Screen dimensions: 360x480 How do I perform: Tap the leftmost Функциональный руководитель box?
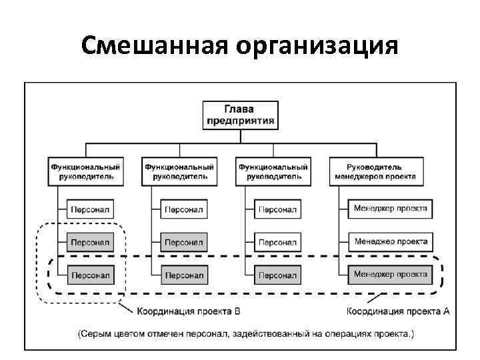85,171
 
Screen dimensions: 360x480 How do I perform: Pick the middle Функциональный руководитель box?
179,171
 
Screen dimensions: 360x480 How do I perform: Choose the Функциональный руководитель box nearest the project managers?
273,171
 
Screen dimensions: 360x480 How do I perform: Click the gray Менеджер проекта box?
391,274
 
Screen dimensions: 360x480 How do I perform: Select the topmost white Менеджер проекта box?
391,209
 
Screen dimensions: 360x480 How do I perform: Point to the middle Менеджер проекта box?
391,241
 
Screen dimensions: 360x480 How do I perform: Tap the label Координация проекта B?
188,311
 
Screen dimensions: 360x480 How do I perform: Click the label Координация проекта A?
399,311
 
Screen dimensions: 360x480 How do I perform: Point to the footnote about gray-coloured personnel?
245,333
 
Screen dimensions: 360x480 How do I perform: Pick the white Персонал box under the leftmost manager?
91,209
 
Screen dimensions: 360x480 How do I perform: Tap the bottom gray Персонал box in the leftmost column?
91,274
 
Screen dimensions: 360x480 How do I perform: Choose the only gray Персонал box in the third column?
277,274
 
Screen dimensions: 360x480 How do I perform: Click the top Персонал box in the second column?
184,209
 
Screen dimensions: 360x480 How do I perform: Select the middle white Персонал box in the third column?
277,241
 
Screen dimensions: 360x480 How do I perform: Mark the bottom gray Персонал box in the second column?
184,274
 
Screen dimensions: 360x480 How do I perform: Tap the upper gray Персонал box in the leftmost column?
91,241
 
